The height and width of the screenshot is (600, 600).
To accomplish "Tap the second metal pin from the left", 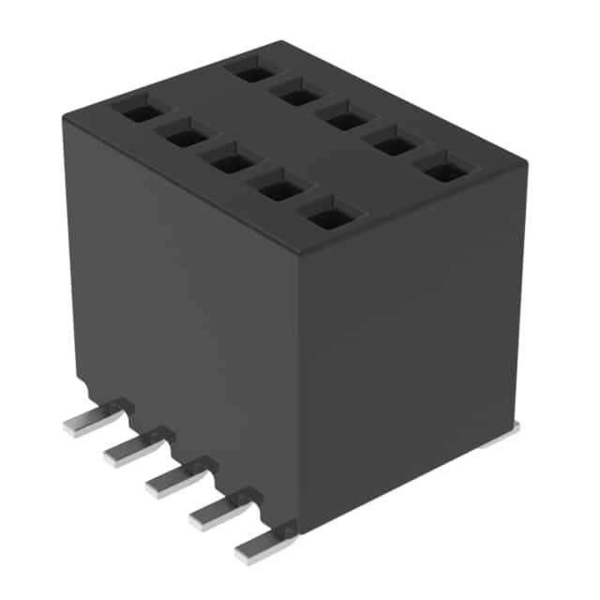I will (128, 451).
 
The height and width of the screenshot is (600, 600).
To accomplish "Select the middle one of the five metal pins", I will (171, 480).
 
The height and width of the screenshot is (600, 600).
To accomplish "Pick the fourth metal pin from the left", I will (214, 512).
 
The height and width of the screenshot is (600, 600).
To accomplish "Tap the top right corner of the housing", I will (525, 166).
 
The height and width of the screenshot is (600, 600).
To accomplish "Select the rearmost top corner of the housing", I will (278, 43).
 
